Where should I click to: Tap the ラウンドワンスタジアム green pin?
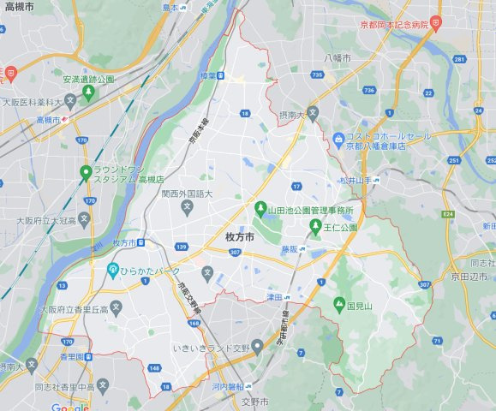[86, 172]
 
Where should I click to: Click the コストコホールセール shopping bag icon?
[339, 138]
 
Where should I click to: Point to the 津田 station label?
[274, 296]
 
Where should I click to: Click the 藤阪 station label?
[290, 248]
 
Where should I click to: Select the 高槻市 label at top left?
[19, 6]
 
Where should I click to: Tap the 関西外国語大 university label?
[186, 194]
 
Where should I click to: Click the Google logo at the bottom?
[69, 407]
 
